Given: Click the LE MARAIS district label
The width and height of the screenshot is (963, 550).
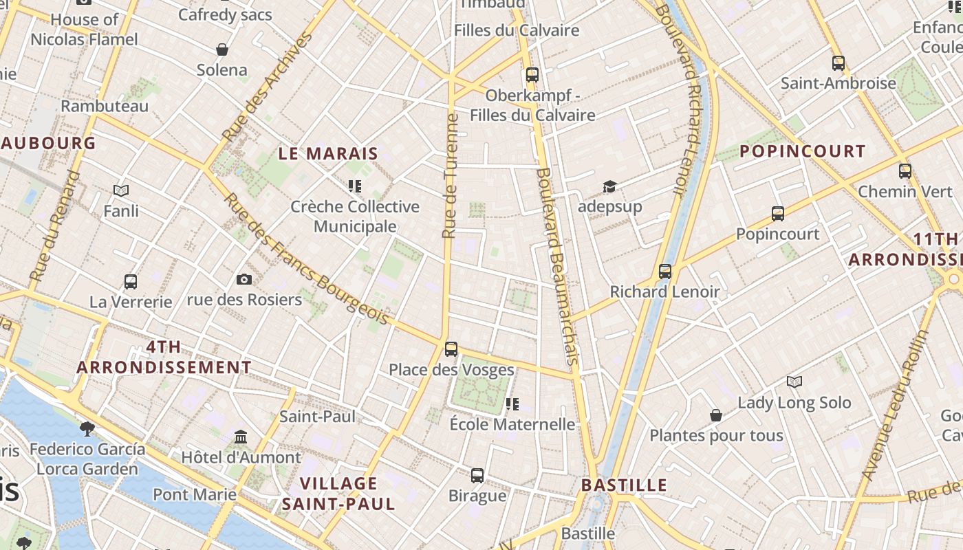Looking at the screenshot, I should [328, 153].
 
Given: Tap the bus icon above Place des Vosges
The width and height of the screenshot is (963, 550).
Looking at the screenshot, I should [451, 349].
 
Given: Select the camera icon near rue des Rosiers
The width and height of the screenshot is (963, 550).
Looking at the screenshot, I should [244, 279].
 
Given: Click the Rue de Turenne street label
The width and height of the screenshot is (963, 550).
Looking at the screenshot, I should [451, 176].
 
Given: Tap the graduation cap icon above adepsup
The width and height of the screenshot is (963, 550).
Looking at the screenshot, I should [609, 187].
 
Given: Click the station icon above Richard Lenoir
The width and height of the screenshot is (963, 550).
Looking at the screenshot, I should [664, 272].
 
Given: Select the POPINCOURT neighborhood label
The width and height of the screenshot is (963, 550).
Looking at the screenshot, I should [802, 151].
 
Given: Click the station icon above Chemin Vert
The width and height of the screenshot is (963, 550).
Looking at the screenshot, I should [905, 171].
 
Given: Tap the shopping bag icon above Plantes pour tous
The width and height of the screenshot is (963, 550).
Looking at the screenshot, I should [716, 415].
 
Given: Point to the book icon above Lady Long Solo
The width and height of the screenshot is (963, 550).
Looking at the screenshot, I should [794, 382].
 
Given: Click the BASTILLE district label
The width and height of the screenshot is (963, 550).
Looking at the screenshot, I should [624, 485].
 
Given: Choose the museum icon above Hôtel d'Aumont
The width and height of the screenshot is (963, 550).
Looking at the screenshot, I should [241, 437].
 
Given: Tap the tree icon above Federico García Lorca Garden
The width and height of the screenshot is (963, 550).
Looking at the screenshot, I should [87, 429].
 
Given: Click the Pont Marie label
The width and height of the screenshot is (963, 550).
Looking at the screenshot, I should [195, 494].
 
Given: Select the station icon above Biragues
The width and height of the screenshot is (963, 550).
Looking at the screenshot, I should [477, 476].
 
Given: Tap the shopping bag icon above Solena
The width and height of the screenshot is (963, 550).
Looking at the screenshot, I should [221, 49].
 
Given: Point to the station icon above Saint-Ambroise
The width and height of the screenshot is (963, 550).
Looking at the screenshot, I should [838, 63].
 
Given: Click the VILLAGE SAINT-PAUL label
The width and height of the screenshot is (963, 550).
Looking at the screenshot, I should [338, 494].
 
